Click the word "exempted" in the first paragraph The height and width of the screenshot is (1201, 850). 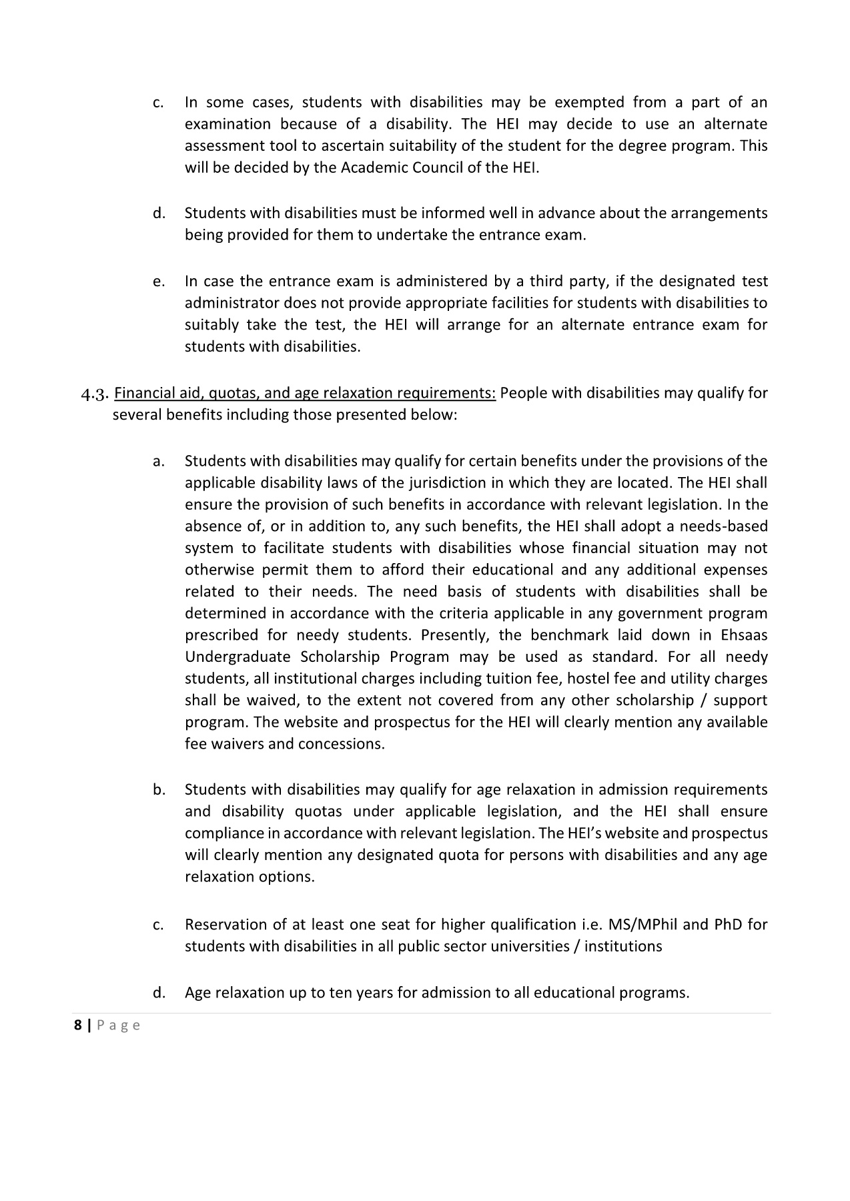590,103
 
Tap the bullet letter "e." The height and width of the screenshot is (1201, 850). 158,282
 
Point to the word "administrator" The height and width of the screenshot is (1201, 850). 232,304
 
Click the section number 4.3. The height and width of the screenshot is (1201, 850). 94,394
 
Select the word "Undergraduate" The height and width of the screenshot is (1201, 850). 238,657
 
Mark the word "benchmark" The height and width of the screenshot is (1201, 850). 566,635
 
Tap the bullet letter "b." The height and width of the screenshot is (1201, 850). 159,790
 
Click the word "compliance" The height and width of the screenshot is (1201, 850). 224,833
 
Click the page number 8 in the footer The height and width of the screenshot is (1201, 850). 78,1026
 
